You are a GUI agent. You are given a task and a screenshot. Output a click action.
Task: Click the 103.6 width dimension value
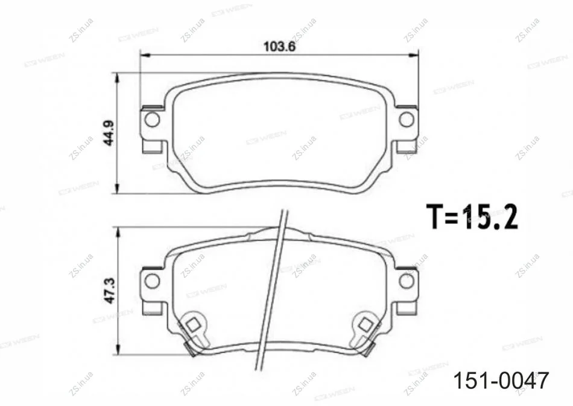tap(279, 47)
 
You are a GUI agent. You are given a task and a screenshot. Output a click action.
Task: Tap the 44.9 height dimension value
tap(109, 133)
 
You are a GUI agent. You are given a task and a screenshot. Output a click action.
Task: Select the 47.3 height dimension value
tap(110, 291)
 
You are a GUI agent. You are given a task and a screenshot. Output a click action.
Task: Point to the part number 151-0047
tap(501, 381)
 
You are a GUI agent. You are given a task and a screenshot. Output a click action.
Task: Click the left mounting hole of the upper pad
tap(152, 120)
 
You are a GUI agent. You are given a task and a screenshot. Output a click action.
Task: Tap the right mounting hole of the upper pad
tap(406, 120)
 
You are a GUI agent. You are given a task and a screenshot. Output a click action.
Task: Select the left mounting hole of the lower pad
tap(152, 281)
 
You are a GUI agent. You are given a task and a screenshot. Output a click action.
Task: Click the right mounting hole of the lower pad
tap(406, 281)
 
